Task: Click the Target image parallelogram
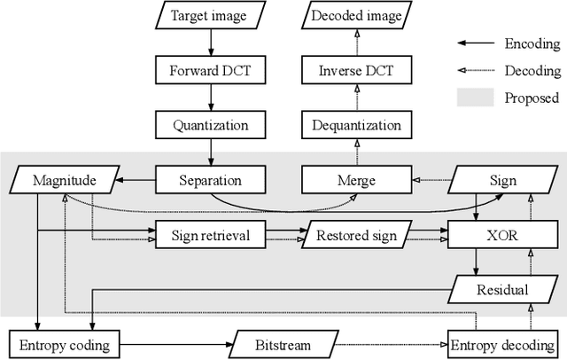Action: tap(211, 15)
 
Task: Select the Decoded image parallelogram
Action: tap(356, 15)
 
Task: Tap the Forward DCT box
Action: tap(211, 69)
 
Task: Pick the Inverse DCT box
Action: tap(356, 69)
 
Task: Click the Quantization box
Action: tap(211, 125)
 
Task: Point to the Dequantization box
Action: tap(356, 125)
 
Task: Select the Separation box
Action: tap(211, 180)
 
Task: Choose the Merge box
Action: tap(356, 180)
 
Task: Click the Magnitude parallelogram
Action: tap(64, 180)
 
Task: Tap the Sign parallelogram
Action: tap(502, 180)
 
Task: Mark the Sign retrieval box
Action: tap(211, 235)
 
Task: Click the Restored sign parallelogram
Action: tap(356, 235)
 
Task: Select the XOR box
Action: tap(502, 235)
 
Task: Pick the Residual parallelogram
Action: tap(502, 289)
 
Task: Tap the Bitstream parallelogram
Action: tap(283, 344)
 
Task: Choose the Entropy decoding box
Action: tap(502, 344)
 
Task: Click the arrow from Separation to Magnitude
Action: tap(138, 180)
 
